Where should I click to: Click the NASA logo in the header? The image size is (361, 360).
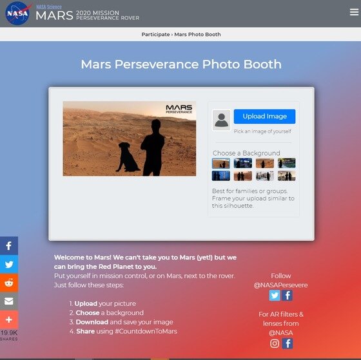coord(18,13)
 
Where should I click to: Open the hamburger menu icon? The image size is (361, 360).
coord(354,12)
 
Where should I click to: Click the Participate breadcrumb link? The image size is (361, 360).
coord(155,34)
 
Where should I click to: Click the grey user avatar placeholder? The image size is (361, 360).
coord(221,120)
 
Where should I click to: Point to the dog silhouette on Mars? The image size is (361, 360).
coord(128,157)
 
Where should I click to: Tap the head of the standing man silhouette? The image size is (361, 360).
coord(156,126)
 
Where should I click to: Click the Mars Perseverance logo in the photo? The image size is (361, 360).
coord(179,109)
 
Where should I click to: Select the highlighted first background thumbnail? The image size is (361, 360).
coord(220,163)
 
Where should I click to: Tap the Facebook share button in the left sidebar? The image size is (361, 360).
coord(9,245)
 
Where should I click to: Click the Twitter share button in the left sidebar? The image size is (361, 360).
coord(9,264)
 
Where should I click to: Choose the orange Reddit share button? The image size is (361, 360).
coord(9,283)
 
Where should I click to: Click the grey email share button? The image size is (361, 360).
coord(9,301)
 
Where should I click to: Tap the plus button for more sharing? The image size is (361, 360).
coord(9,319)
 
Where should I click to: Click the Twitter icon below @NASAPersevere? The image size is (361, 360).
coord(275,296)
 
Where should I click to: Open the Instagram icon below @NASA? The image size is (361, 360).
coord(275,344)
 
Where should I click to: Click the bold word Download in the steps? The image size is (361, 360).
coord(92,322)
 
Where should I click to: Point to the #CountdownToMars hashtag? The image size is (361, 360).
coord(146,331)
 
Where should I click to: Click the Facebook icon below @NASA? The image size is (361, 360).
coord(288,344)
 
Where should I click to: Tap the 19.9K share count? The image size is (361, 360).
coord(9,332)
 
